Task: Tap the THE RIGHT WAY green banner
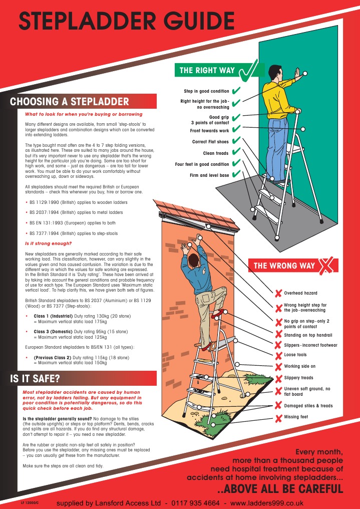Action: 207,71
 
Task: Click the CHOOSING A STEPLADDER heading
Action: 69,102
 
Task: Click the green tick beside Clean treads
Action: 236,153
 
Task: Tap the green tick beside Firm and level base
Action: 236,175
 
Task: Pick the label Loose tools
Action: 296,355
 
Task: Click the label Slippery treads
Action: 298,378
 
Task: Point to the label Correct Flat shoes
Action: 210,142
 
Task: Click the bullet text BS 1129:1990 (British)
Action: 78,202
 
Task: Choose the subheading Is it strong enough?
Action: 48,243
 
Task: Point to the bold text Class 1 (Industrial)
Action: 55,316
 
